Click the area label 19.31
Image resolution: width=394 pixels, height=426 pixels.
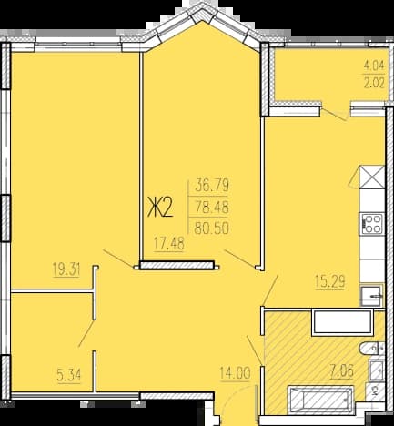pyautogui.click(x=66, y=269)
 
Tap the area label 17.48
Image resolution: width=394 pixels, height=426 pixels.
pyautogui.click(x=169, y=244)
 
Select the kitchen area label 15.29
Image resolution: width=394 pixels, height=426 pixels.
pyautogui.click(x=330, y=282)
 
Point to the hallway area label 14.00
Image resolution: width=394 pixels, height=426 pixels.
pyautogui.click(x=236, y=373)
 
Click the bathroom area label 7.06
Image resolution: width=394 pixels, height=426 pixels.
pyautogui.click(x=342, y=370)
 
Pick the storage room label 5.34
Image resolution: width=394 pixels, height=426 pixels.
pyautogui.click(x=69, y=376)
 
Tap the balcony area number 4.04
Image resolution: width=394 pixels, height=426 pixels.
pyautogui.click(x=374, y=66)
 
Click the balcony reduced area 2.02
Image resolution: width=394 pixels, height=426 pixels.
pyautogui.click(x=374, y=83)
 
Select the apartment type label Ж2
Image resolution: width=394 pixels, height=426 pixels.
pyautogui.click(x=160, y=208)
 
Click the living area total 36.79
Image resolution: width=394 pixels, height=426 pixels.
pyautogui.click(x=212, y=185)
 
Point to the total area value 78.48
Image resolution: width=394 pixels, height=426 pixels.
pyautogui.click(x=212, y=208)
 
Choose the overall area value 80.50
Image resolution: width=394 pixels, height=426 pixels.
pyautogui.click(x=211, y=228)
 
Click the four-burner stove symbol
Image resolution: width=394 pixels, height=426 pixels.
pyautogui.click(x=372, y=224)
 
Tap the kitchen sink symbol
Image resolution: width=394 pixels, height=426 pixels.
pyautogui.click(x=371, y=296)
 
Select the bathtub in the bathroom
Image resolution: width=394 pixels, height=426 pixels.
pyautogui.click(x=321, y=400)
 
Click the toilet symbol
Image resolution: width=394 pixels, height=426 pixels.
pyautogui.click(x=371, y=349)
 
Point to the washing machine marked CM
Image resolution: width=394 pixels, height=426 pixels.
pyautogui.click(x=375, y=391)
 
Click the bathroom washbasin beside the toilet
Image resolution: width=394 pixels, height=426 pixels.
pyautogui.click(x=377, y=370)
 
